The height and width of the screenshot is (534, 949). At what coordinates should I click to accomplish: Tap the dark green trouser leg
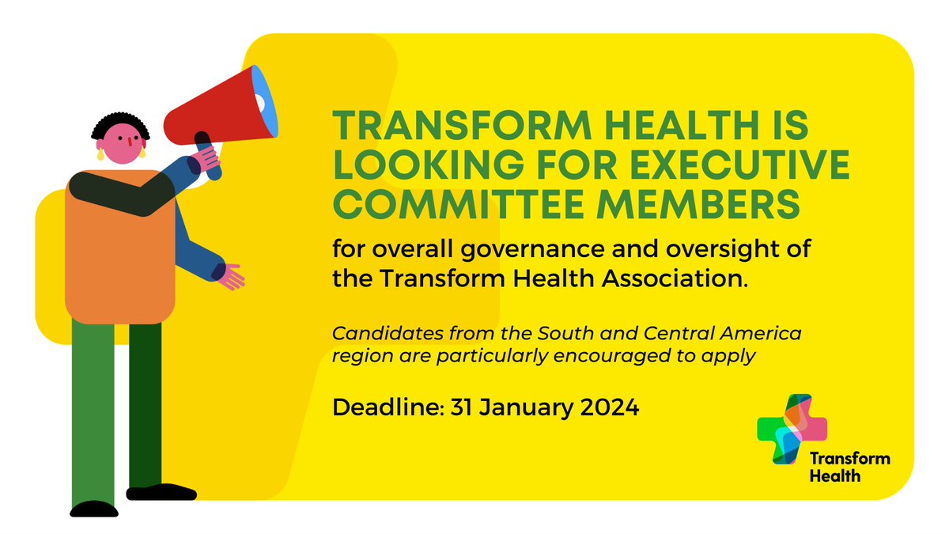click(146, 403)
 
